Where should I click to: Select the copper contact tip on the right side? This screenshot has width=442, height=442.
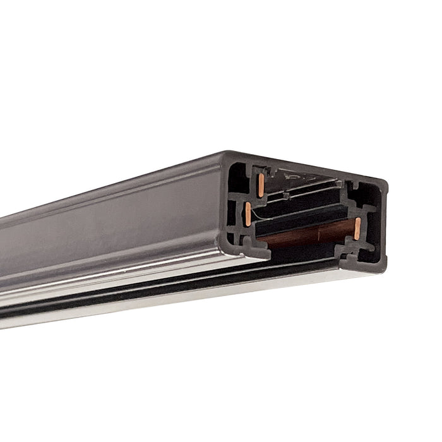tap(357, 229)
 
